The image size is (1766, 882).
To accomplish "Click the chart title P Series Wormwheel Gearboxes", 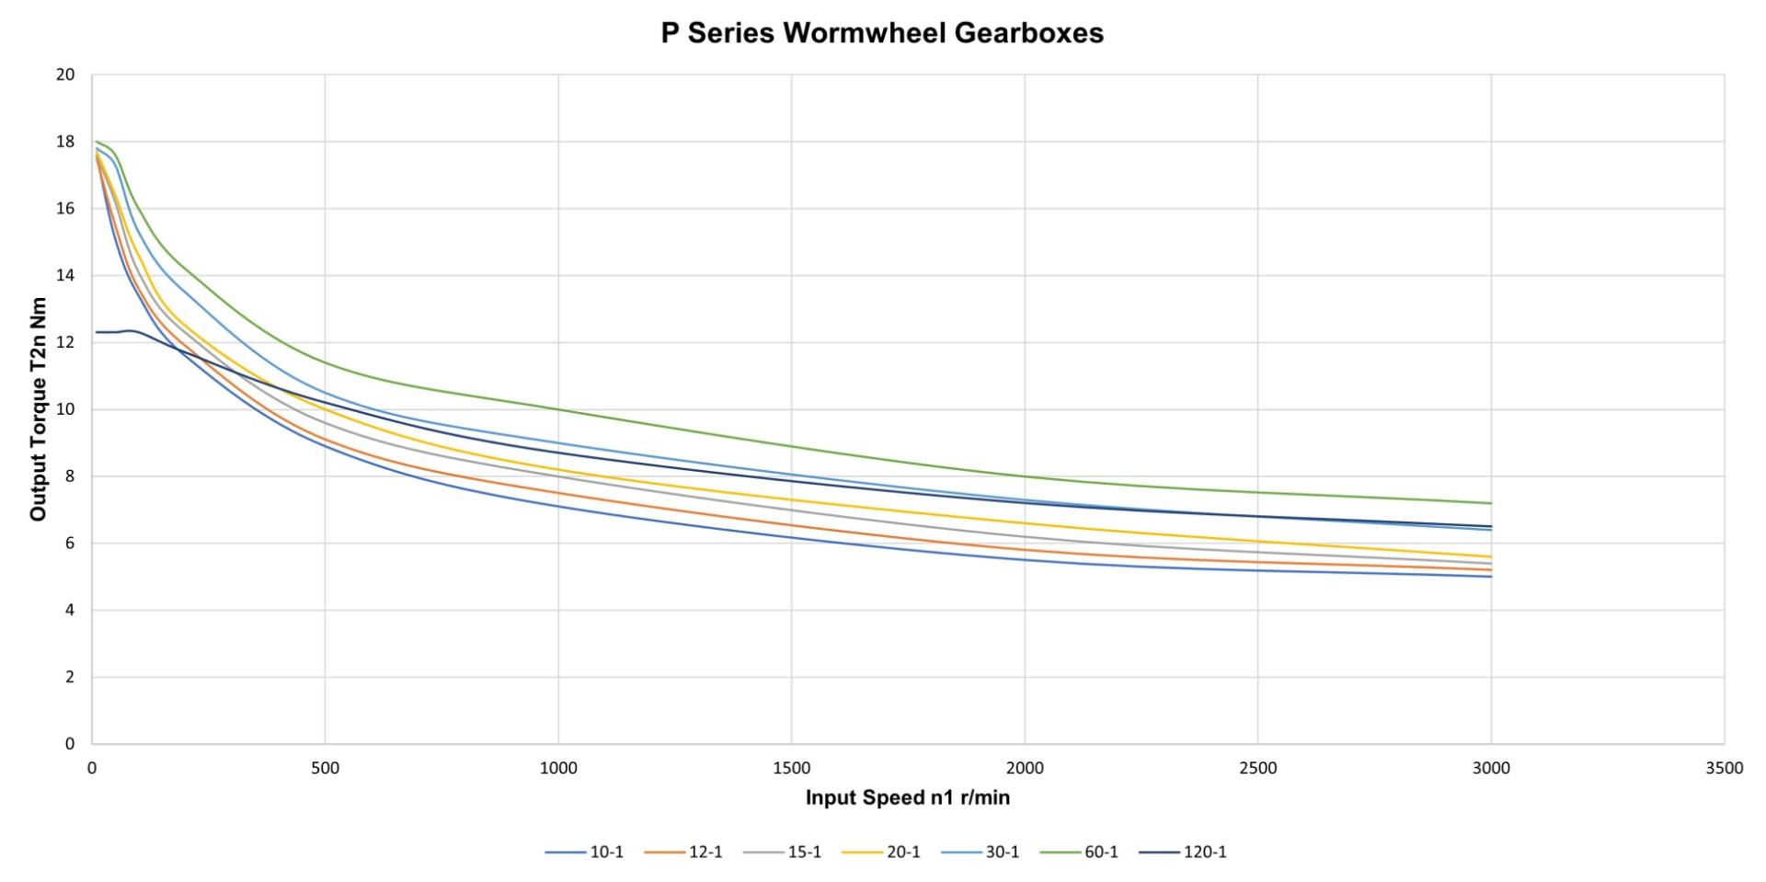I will click(x=882, y=33).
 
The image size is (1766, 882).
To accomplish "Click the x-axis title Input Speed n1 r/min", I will click(x=907, y=797).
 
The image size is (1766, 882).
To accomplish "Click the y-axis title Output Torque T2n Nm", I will click(x=38, y=409).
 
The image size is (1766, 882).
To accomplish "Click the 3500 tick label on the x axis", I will click(x=1724, y=768).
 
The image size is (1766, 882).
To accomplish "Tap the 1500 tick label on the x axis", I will click(x=791, y=768).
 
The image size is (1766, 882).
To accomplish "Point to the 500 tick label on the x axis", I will click(x=325, y=768).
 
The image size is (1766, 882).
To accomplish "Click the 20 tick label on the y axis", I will click(x=65, y=74).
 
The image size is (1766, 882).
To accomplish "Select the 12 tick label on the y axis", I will click(x=65, y=342).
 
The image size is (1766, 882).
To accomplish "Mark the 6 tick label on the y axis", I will click(x=70, y=544).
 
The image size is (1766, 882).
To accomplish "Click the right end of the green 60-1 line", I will click(x=1491, y=503).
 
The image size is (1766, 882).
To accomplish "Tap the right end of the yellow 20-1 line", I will click(x=1491, y=556).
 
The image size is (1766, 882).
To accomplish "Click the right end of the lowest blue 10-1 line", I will click(x=1491, y=577).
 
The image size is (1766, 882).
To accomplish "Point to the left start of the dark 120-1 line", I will click(x=97, y=332).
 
